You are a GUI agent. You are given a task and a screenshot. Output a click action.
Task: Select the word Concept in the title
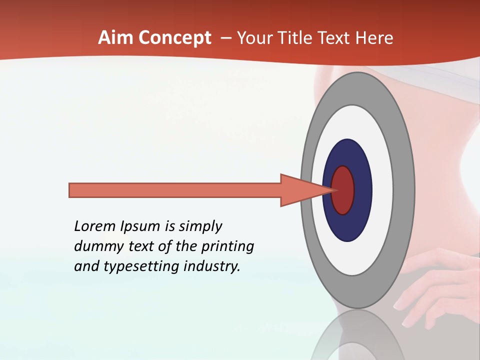174,38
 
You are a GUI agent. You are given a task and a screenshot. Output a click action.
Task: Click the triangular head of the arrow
300,190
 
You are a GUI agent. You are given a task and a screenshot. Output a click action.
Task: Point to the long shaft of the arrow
175,190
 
